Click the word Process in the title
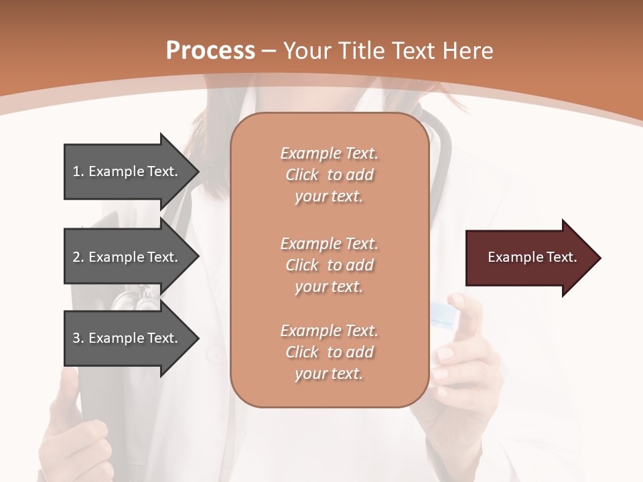point(210,50)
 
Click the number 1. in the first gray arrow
point(78,171)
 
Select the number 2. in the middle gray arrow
point(78,257)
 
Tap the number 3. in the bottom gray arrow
point(78,338)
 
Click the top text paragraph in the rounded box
point(329,175)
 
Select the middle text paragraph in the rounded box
point(329,264)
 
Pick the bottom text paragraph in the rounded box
point(329,352)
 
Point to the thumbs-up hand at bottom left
point(74,428)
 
